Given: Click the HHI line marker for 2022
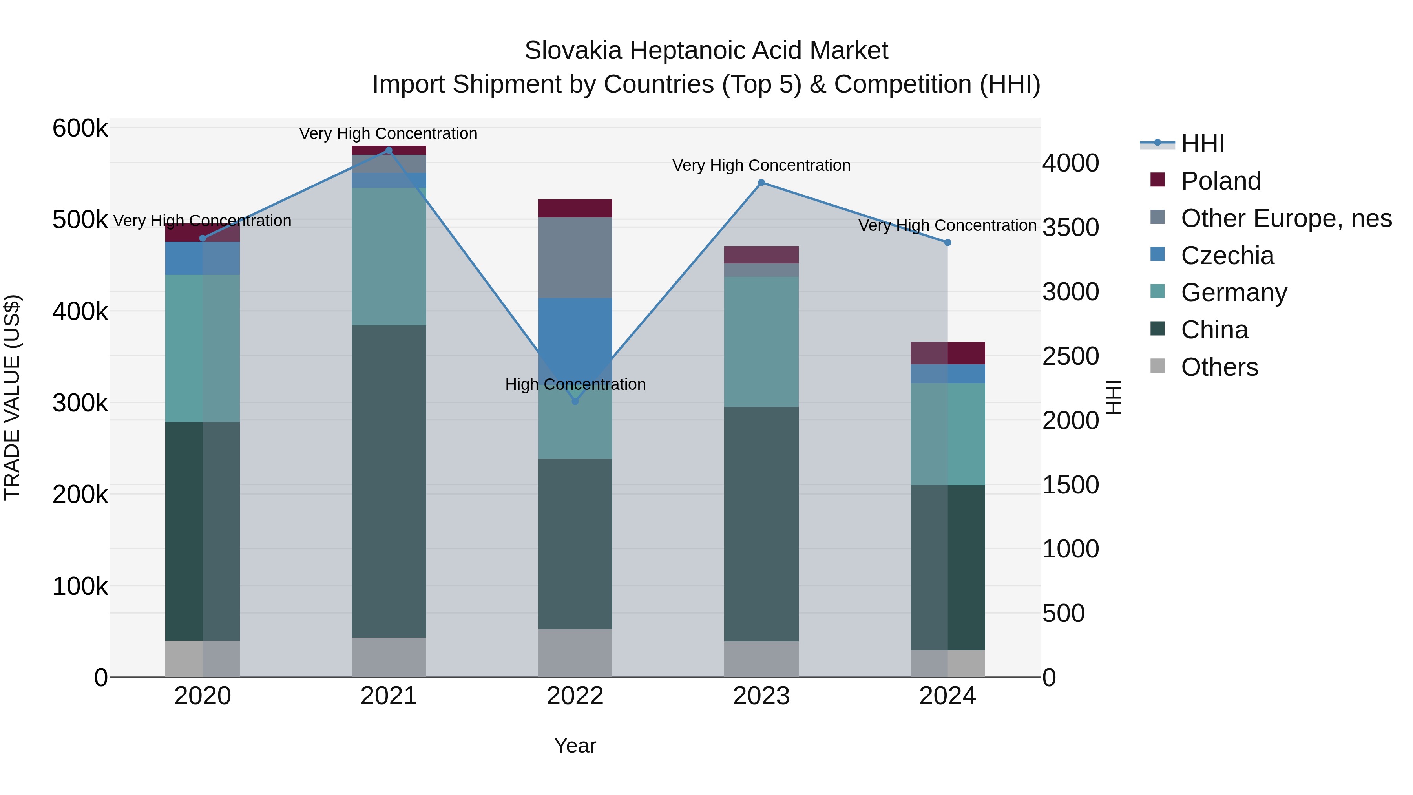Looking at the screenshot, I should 575,402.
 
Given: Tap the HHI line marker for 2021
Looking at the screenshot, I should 389,150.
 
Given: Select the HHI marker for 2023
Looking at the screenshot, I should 761,183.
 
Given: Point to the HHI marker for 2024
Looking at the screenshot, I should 947,243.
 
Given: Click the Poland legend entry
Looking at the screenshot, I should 1220,181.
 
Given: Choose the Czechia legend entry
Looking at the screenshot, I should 1227,256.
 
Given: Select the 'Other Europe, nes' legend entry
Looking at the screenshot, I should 1286,218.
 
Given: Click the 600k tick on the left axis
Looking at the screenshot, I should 80,128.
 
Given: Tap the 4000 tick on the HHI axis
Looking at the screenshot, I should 1070,163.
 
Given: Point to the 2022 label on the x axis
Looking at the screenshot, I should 575,696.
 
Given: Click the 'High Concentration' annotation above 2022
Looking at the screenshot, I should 575,384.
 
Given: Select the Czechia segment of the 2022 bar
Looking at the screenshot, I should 575,329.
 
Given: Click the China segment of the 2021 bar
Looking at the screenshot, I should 389,481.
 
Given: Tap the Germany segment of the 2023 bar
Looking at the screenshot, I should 761,341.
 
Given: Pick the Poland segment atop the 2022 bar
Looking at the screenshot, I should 575,208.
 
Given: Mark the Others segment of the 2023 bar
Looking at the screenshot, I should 761,659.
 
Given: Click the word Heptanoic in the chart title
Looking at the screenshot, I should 686,51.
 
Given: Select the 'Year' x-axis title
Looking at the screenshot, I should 575,746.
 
